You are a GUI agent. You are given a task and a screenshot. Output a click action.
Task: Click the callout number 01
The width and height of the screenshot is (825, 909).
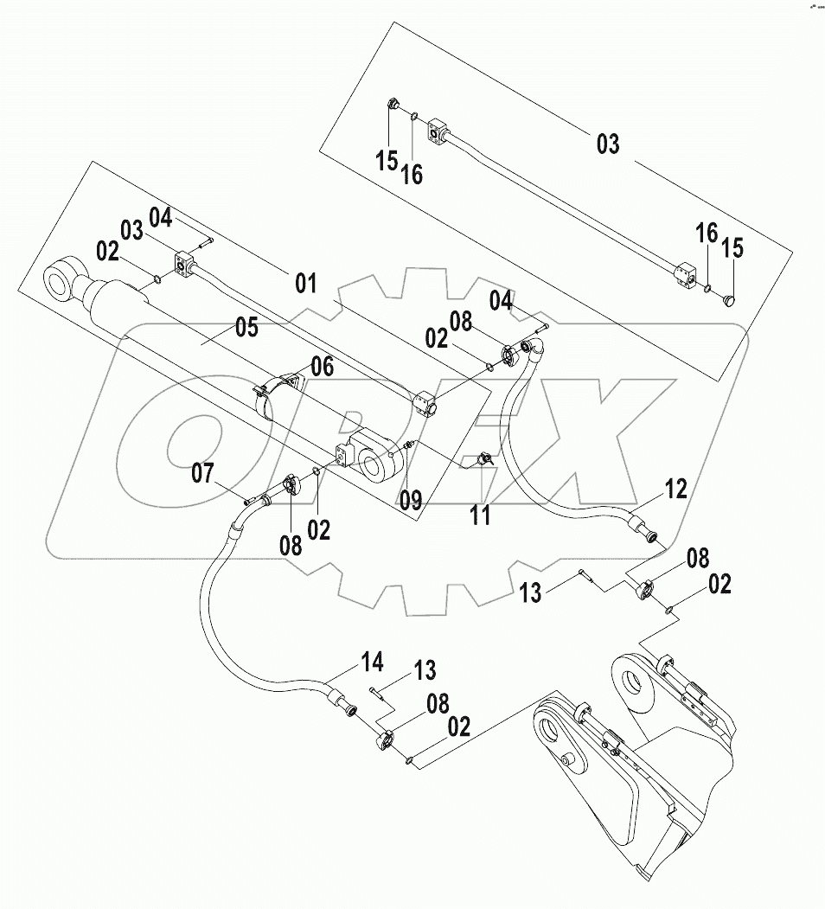(305, 284)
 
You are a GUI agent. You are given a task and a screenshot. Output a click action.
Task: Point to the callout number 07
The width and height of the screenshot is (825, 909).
(202, 473)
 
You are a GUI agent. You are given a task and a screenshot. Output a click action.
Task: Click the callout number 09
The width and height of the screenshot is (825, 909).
(410, 499)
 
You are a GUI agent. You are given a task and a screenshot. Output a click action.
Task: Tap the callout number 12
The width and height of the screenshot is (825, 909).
(675, 490)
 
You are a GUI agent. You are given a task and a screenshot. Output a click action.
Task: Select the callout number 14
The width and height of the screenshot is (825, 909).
(371, 664)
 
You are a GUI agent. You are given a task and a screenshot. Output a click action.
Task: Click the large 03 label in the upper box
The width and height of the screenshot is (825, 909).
(608, 144)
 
